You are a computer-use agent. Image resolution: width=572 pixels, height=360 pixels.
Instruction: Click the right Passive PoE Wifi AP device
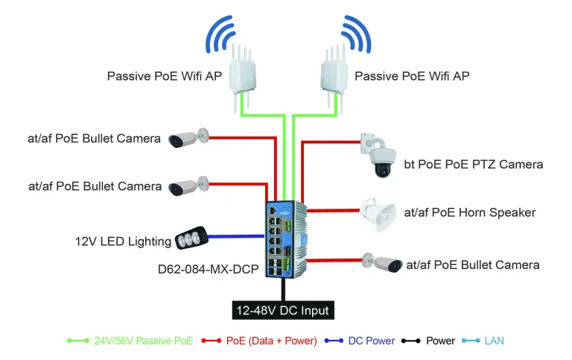click(x=336, y=79)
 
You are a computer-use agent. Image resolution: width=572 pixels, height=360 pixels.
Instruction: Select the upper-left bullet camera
click(x=186, y=139)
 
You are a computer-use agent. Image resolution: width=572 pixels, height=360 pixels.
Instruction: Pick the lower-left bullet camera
click(x=186, y=186)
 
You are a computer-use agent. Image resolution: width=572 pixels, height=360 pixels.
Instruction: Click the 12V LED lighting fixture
click(x=190, y=239)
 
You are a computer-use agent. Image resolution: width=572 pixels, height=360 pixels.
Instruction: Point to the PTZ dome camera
click(x=381, y=157)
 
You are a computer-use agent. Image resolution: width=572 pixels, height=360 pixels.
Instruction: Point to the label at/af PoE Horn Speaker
click(x=469, y=212)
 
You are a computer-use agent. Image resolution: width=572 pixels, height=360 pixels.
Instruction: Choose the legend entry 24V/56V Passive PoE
click(x=144, y=341)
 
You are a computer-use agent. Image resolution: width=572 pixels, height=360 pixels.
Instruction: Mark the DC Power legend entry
click(x=372, y=341)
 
